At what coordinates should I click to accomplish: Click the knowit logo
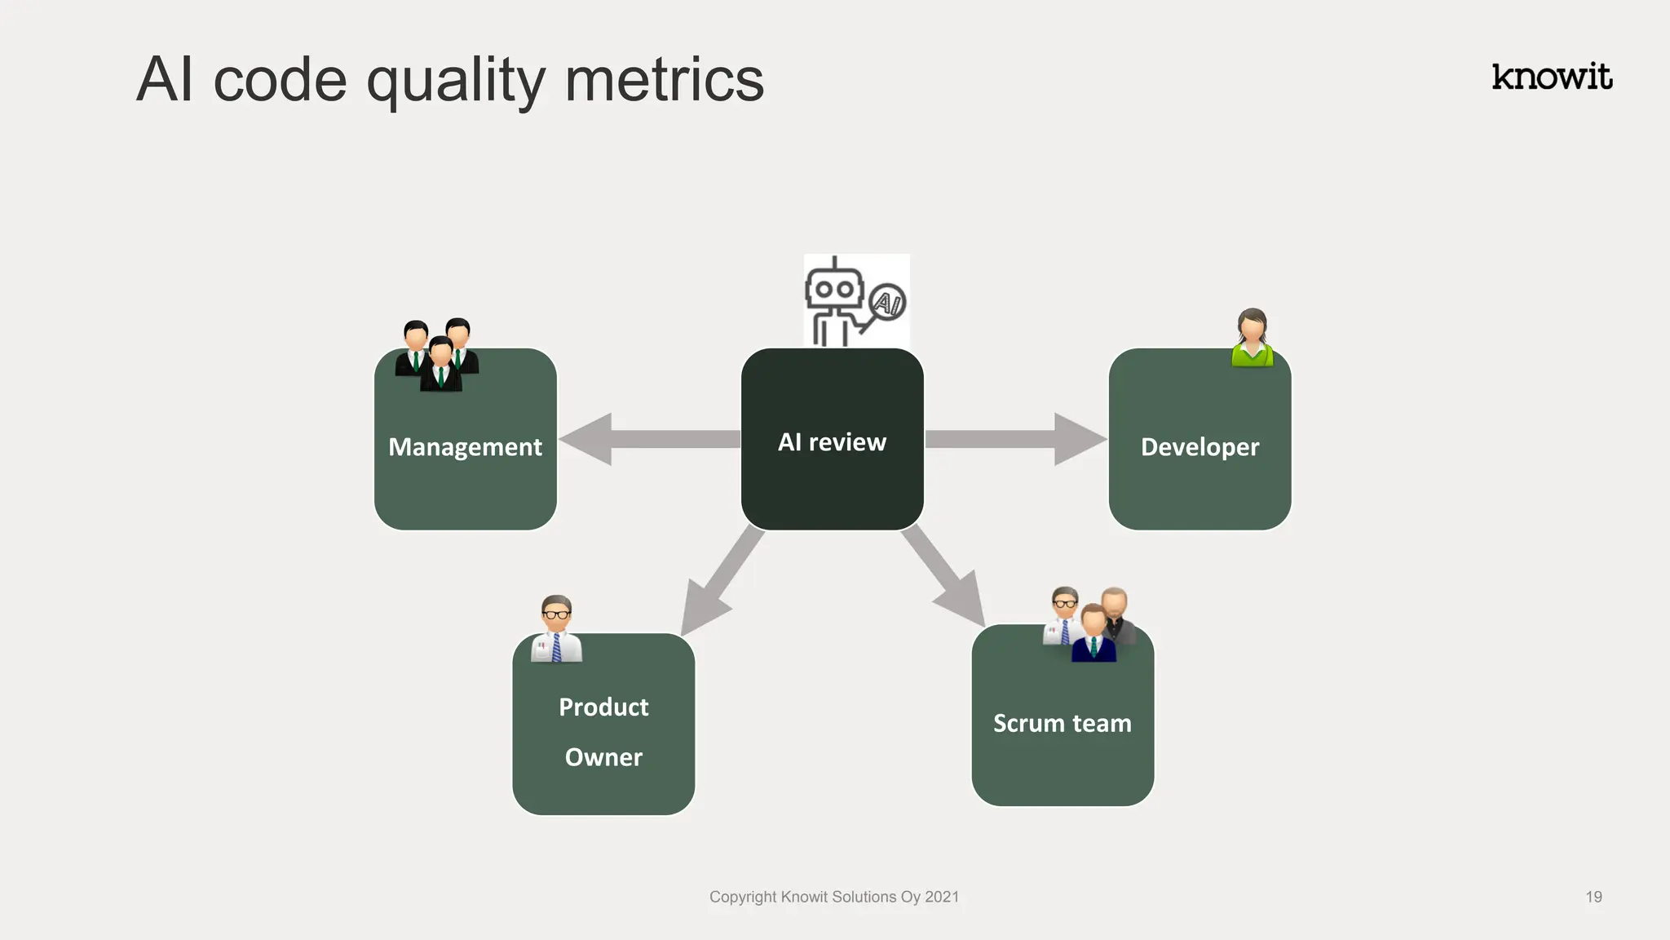click(1552, 77)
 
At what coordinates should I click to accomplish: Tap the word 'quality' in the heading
click(456, 82)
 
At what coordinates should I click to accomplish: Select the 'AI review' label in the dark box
click(832, 442)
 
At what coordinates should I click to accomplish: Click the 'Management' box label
click(465, 447)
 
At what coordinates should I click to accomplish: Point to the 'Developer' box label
click(1199, 447)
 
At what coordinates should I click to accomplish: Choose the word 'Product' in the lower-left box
click(603, 707)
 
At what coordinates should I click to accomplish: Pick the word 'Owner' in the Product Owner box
click(603, 757)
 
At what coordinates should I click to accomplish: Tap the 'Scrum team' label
click(1062, 723)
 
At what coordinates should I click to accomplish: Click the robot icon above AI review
click(833, 300)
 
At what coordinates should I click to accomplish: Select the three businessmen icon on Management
click(437, 354)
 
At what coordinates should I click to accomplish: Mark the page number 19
click(1593, 897)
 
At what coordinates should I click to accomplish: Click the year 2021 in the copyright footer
click(942, 897)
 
